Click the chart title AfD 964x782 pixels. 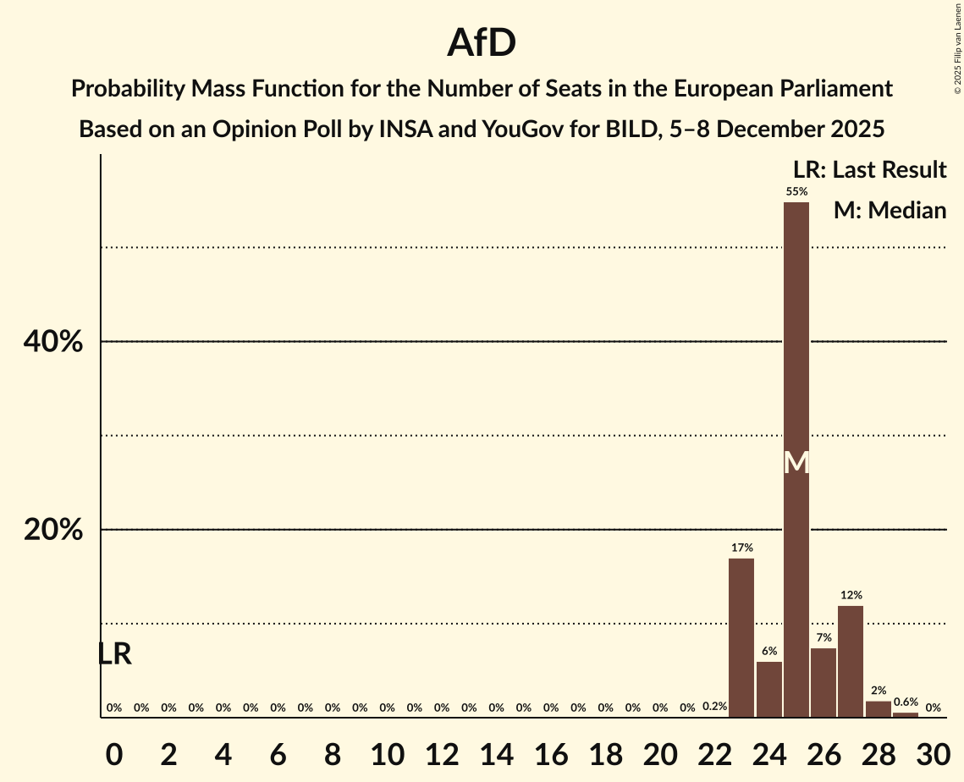coord(482,42)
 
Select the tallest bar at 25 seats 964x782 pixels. coord(796,339)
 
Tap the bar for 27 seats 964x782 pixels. coord(851,661)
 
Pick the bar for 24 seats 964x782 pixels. coord(769,689)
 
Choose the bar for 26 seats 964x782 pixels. coord(824,682)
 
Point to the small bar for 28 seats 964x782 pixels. coord(879,709)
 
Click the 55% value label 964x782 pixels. coord(796,191)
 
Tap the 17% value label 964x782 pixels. coord(741,548)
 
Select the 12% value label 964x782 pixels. coord(851,595)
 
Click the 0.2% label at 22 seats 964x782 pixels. coord(714,707)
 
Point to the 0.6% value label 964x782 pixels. coord(906,702)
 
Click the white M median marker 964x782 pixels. coord(796,462)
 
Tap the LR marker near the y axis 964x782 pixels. coord(114,653)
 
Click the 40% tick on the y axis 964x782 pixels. coord(52,342)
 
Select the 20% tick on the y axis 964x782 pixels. coord(52,530)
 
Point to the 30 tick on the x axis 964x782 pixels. coord(933,752)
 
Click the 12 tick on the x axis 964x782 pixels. coord(442,752)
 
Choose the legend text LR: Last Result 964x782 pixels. coord(869,169)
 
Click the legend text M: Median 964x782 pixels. coord(890,210)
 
